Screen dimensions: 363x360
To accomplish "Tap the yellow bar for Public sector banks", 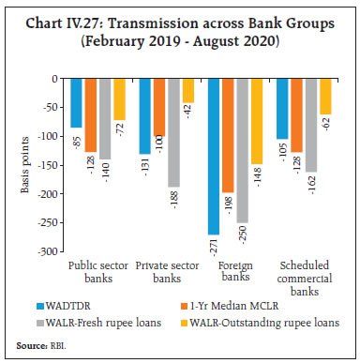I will click(x=120, y=99).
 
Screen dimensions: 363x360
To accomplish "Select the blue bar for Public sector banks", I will click(x=77, y=103).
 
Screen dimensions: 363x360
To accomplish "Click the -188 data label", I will click(x=173, y=198).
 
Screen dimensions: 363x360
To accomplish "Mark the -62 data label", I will click(x=326, y=125).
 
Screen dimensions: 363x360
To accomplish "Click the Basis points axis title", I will click(x=24, y=165).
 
